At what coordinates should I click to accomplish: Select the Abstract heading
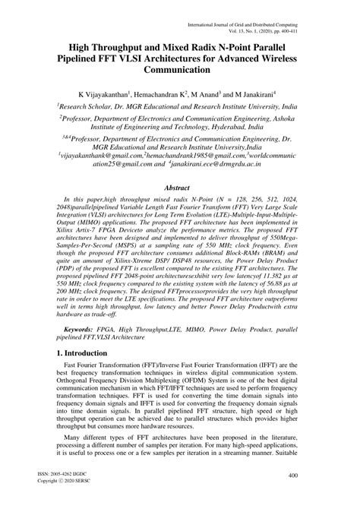click(180, 186)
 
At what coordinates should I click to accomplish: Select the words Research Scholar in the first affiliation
click(96, 107)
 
